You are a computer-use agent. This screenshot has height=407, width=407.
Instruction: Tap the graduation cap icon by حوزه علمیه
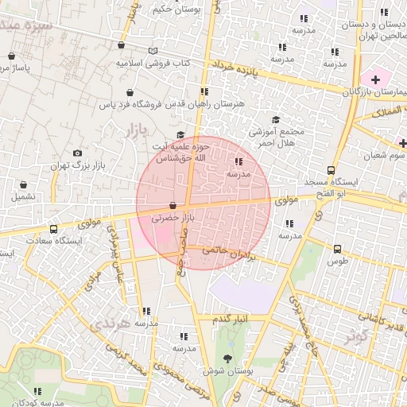click(180, 135)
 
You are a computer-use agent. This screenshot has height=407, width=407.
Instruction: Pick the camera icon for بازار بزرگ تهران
click(77, 153)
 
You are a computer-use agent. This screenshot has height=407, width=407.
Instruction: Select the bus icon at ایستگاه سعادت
click(54, 230)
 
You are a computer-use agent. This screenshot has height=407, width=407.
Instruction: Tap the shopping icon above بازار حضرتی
click(172, 206)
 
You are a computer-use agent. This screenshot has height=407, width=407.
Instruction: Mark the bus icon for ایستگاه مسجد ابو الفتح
click(331, 170)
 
